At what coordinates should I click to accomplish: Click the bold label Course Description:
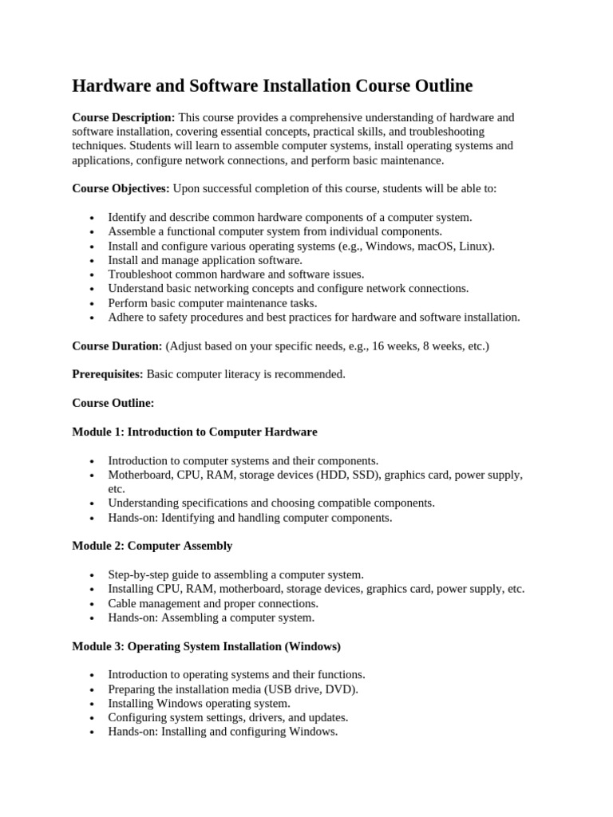pos(124,117)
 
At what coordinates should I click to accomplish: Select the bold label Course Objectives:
pos(121,188)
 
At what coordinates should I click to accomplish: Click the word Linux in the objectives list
pos(476,246)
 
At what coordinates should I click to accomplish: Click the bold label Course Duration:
pos(117,345)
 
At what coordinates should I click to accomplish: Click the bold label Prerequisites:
pos(108,374)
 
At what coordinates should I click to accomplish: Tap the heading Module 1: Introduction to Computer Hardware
pos(194,432)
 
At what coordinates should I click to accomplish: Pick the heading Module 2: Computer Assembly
pos(152,546)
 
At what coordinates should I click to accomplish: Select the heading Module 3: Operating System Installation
pos(206,645)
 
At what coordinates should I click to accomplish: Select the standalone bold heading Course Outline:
pos(113,403)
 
